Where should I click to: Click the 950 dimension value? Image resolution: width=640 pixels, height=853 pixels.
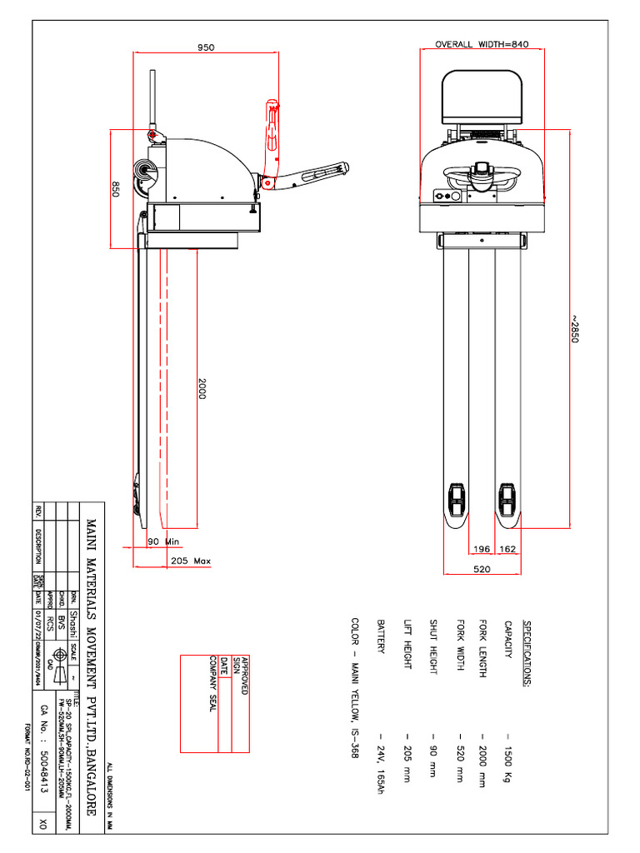click(206, 47)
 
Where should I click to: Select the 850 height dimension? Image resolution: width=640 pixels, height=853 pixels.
click(116, 189)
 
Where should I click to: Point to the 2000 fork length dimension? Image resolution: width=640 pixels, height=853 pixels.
click(201, 389)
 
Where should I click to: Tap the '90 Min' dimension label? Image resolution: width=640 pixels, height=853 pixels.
click(163, 541)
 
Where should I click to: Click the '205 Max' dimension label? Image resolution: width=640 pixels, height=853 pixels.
click(190, 561)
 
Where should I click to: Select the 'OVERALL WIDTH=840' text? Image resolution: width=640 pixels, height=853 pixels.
click(482, 44)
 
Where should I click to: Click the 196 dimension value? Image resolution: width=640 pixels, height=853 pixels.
click(482, 549)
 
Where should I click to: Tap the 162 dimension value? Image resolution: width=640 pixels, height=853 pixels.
click(508, 549)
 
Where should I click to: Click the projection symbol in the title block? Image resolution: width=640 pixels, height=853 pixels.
click(58, 655)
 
